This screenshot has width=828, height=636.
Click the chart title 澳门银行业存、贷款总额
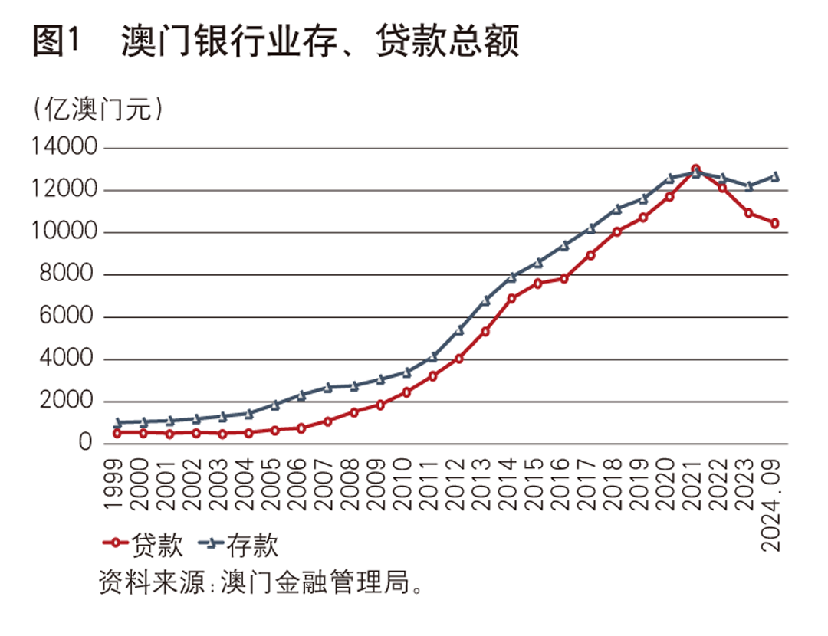pos(320,42)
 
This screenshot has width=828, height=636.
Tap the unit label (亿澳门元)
pos(98,109)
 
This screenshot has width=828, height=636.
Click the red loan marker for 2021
pos(695,169)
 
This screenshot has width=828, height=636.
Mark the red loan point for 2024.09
pos(775,223)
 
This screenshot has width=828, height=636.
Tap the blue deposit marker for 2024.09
pos(775,177)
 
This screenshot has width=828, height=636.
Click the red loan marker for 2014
pos(512,298)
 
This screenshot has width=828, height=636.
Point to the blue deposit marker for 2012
pos(459,329)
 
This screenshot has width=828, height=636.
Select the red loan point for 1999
pos(117,433)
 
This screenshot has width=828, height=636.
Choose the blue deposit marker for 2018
pos(617,208)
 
